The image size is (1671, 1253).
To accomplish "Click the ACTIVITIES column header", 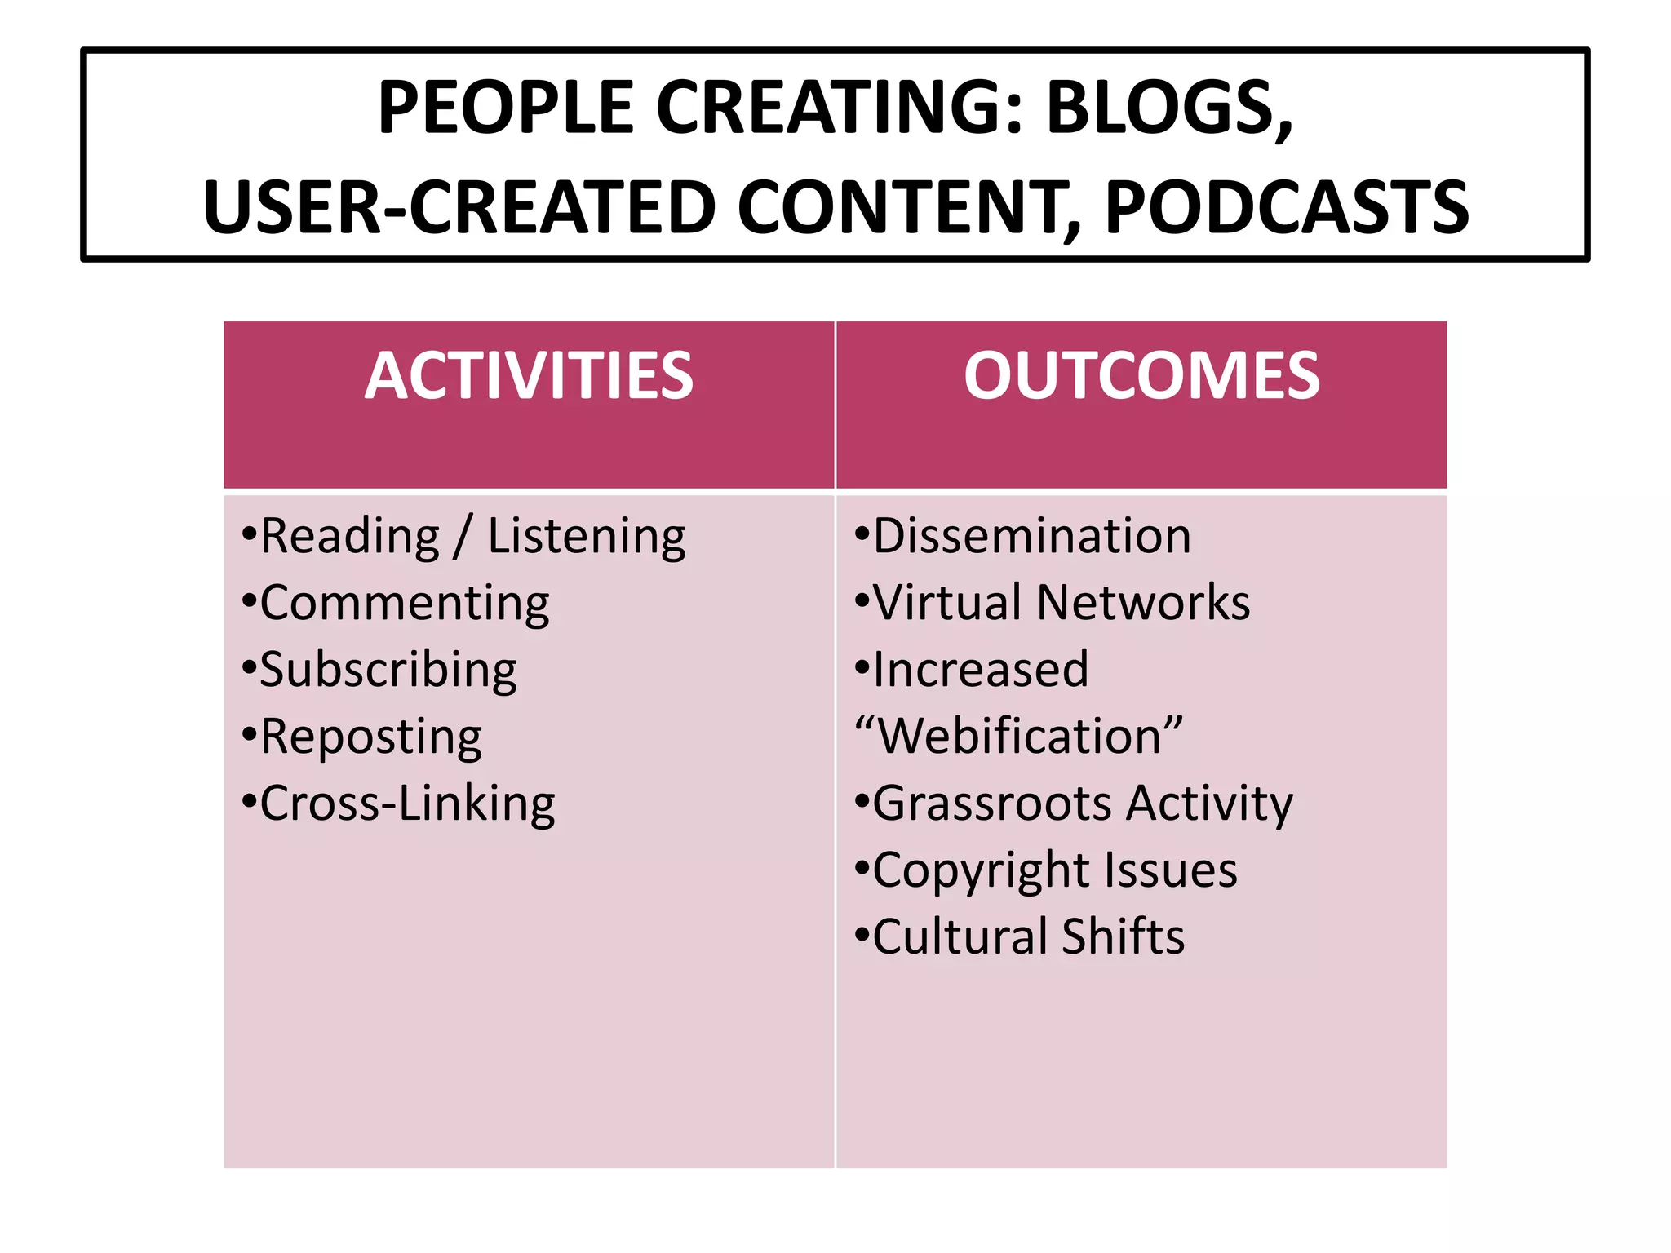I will (529, 376).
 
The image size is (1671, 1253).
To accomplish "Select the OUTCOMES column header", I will (1141, 376).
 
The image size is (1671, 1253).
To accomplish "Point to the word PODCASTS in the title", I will (1287, 208).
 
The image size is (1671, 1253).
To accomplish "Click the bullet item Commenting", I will (404, 604).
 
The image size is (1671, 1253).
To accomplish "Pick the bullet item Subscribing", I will (388, 671).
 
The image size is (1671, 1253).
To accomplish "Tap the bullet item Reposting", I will (370, 737).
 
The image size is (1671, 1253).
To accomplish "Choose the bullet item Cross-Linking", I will (406, 804).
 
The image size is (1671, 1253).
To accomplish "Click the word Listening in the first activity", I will (587, 537).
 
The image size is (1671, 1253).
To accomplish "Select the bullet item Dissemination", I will (1031, 537).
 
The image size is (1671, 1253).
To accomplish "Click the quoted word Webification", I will (1018, 737).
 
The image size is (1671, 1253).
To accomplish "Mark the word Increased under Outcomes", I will (980, 671).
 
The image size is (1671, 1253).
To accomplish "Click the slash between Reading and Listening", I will (463, 537).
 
